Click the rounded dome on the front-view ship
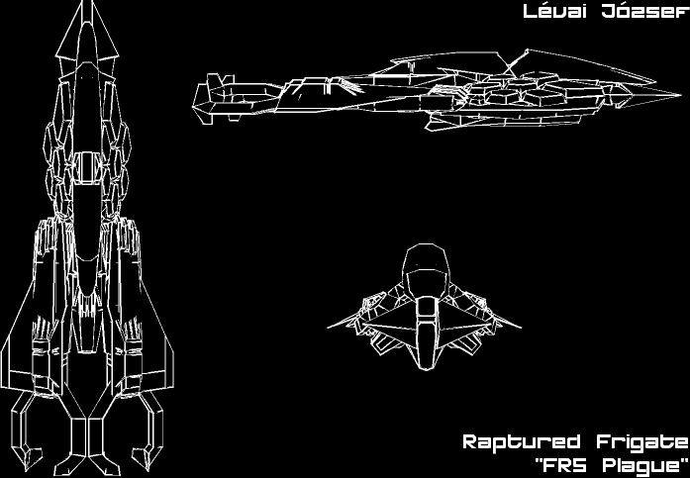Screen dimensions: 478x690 coord(427,263)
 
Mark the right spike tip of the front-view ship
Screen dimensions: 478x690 coord(522,322)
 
